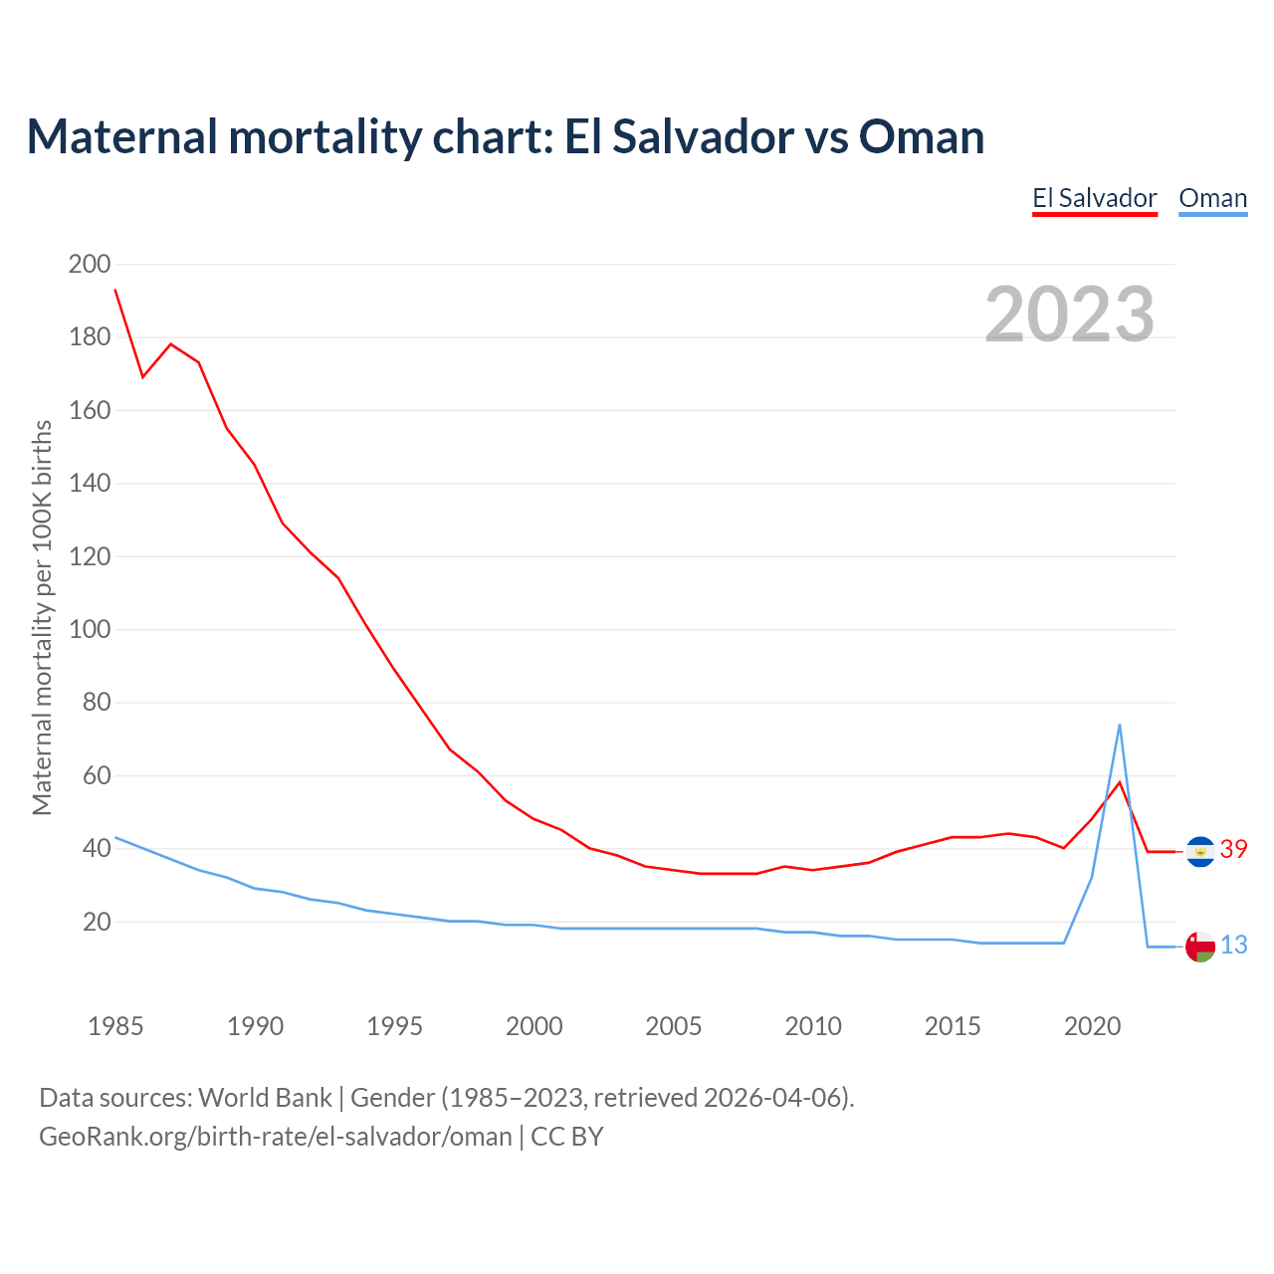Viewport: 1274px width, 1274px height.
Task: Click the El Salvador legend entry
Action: (x=1094, y=198)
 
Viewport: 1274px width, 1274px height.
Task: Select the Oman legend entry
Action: (x=1212, y=198)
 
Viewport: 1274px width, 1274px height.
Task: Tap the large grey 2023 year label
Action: (x=1069, y=315)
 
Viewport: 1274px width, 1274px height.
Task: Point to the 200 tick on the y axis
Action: (x=89, y=264)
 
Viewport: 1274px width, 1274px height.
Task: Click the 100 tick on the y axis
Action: (x=89, y=629)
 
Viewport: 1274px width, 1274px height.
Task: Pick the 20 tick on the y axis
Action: (x=97, y=922)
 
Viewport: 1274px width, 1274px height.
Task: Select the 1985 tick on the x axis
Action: (x=115, y=1026)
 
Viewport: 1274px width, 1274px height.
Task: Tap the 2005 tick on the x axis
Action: (x=674, y=1026)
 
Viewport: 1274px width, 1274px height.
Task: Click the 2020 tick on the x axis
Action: (x=1092, y=1026)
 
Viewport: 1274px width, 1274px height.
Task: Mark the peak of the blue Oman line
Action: (x=1120, y=725)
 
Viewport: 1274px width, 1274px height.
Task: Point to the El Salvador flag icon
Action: (x=1200, y=851)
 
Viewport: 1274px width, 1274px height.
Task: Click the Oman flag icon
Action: (x=1200, y=947)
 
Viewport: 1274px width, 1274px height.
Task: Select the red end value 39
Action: (x=1233, y=849)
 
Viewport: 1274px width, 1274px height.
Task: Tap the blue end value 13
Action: (x=1233, y=945)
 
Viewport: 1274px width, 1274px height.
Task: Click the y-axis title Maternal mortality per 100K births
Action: (x=42, y=617)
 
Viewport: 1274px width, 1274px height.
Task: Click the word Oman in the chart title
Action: (x=921, y=137)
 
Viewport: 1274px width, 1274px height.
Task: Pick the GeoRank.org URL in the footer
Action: (x=275, y=1136)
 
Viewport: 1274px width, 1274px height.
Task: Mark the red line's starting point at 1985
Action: (x=115, y=290)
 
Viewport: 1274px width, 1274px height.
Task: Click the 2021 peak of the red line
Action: (x=1120, y=782)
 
